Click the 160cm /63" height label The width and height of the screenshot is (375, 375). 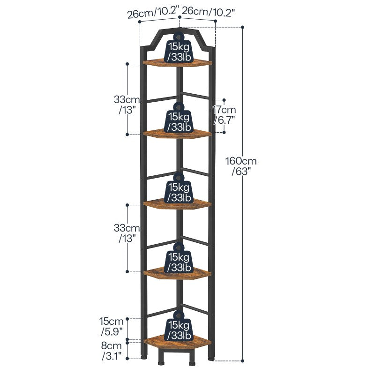[241, 166]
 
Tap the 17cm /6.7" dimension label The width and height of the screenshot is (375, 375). [223, 115]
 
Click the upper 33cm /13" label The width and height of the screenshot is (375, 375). [127, 104]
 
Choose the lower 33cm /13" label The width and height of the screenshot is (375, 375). [127, 232]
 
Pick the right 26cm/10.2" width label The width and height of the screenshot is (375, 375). [208, 11]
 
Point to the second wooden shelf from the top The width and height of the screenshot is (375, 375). [178, 134]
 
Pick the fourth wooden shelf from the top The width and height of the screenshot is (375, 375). [178, 273]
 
